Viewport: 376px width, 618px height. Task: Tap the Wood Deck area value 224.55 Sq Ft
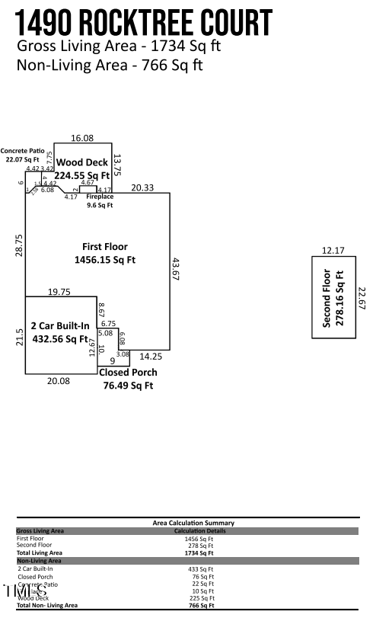pyautogui.click(x=84, y=175)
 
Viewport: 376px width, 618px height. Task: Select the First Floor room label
pyautogui.click(x=105, y=246)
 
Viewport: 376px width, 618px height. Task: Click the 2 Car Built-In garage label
pyautogui.click(x=60, y=326)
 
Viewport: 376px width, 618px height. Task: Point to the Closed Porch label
pyautogui.click(x=128, y=373)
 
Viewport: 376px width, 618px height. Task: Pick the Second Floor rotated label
pyautogui.click(x=327, y=298)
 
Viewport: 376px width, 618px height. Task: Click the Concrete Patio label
pyautogui.click(x=24, y=151)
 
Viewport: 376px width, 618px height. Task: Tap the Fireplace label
pyautogui.click(x=99, y=197)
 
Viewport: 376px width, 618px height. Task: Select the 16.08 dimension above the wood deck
pyautogui.click(x=82, y=138)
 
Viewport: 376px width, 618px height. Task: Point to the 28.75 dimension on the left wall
pyautogui.click(x=19, y=245)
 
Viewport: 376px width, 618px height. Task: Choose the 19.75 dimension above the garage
pyautogui.click(x=59, y=291)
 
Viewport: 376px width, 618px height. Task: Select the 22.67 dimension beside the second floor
pyautogui.click(x=362, y=298)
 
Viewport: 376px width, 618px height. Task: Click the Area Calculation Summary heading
pyautogui.click(x=193, y=523)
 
